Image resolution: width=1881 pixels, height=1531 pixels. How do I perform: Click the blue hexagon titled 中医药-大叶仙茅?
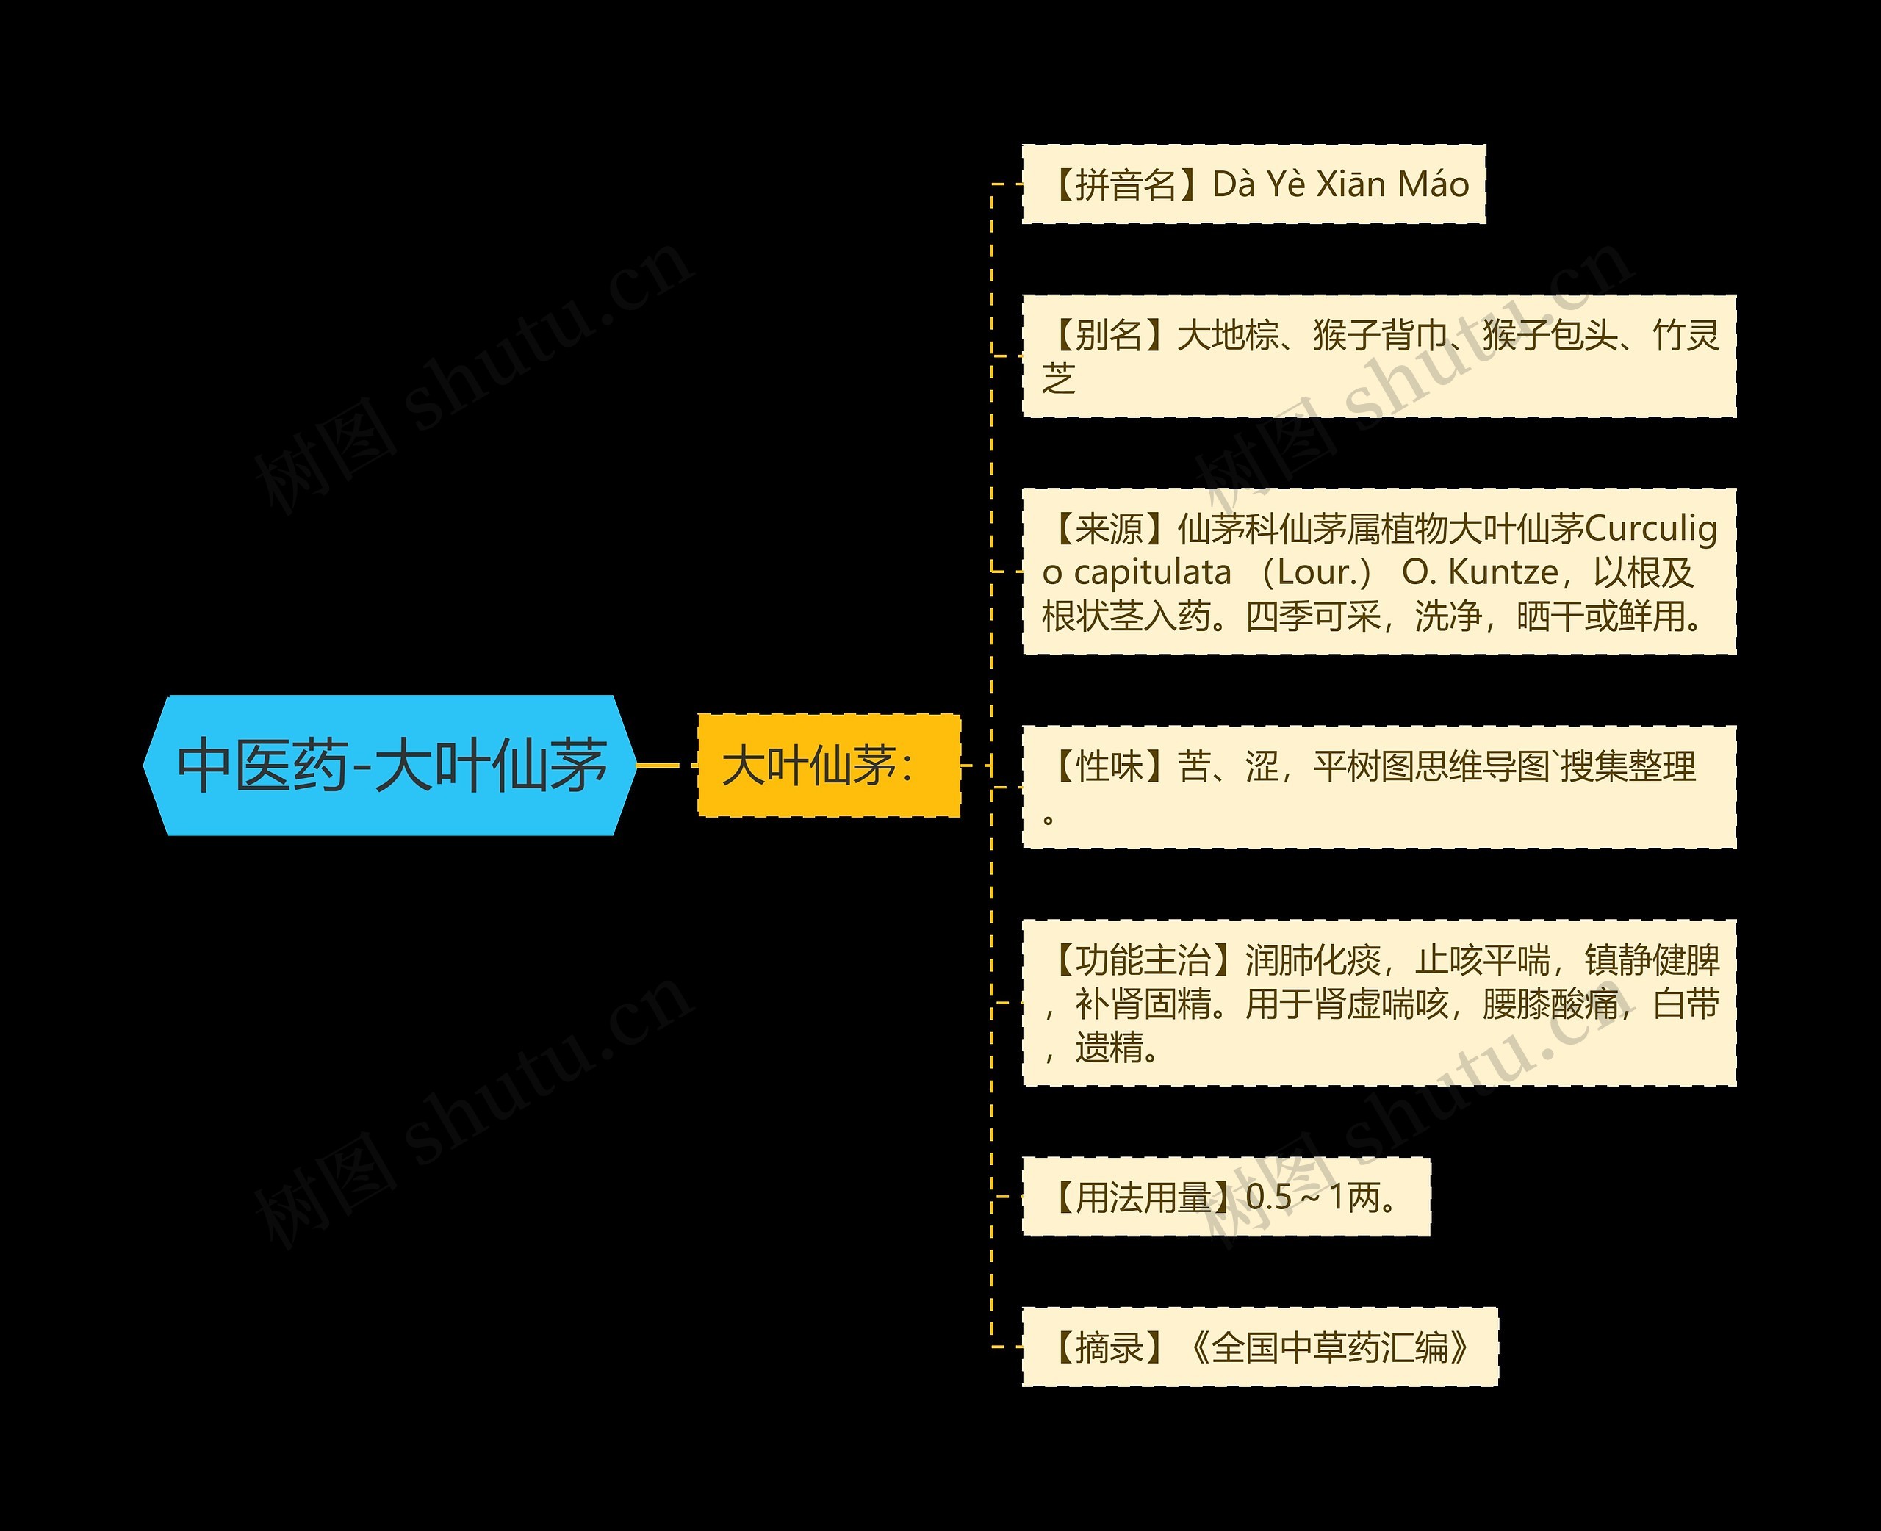[389, 765]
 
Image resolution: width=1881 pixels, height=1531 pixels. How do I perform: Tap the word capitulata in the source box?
[1151, 573]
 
